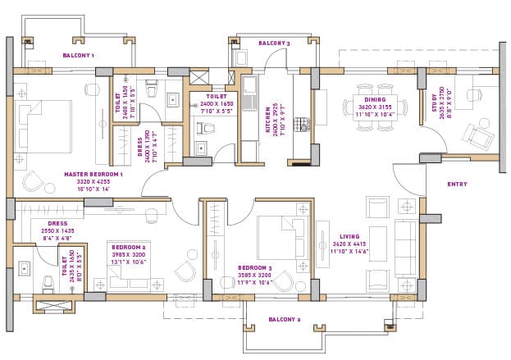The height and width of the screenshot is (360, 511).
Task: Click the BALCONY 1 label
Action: tap(79, 56)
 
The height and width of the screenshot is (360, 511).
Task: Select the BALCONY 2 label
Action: tap(285, 320)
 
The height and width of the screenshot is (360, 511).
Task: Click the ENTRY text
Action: tap(457, 184)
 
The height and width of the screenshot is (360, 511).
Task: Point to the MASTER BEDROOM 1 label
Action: tap(94, 174)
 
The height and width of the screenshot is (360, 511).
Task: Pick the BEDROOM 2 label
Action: tap(128, 246)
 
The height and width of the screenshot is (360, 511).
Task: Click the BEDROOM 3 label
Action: tap(254, 268)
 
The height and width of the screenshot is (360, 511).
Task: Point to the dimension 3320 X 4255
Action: tap(93, 181)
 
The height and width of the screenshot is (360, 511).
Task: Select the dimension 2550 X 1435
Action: tap(57, 230)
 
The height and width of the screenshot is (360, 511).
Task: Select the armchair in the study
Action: tap(476, 132)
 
